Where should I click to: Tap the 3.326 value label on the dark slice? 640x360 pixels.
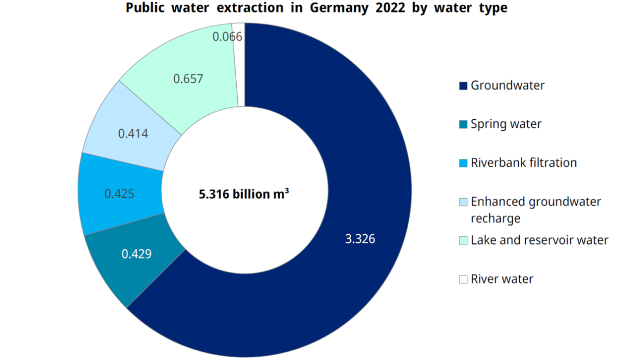[360, 239]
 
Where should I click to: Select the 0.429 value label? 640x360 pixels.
[136, 254]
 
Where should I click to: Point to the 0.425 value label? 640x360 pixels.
[119, 194]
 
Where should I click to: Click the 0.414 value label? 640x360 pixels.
[133, 133]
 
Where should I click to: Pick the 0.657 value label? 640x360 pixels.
[188, 79]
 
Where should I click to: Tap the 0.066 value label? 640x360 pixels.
[227, 37]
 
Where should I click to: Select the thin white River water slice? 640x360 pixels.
[239, 60]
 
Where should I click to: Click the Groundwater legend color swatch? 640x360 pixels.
[463, 86]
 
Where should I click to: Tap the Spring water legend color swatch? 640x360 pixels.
[463, 125]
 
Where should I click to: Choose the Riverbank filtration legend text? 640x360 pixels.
[524, 163]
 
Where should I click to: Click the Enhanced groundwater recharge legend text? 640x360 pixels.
[536, 210]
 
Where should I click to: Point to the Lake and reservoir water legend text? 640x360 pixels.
[539, 240]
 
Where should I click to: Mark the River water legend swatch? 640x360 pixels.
[463, 279]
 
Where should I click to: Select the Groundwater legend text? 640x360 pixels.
[507, 86]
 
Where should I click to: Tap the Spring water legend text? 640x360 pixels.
[506, 124]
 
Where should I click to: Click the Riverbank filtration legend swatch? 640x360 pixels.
[463, 163]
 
